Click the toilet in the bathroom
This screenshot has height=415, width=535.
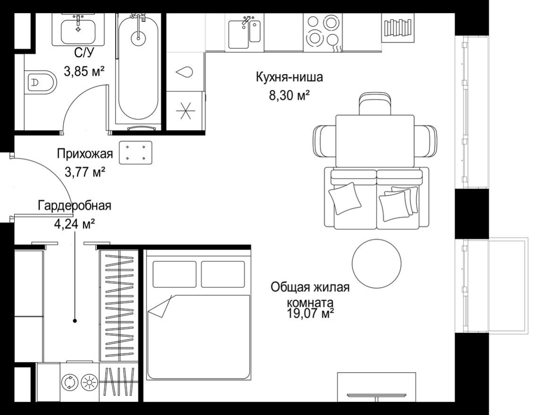point(40,83)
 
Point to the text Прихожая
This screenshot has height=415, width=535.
point(85,154)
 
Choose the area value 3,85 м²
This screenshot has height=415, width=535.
point(84,71)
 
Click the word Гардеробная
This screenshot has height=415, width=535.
point(75,206)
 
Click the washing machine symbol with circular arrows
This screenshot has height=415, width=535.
point(69,381)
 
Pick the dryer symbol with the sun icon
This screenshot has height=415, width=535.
point(88,381)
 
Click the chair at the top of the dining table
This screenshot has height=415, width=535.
point(375,104)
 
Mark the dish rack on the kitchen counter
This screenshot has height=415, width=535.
point(397,27)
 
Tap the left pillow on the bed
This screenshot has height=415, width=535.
point(175,274)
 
